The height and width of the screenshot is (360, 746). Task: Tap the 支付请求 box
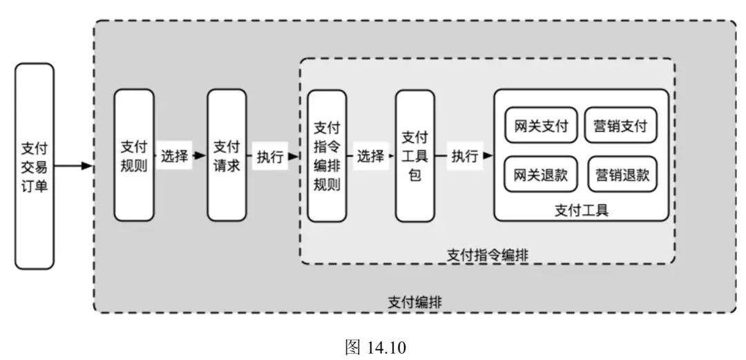tap(227, 155)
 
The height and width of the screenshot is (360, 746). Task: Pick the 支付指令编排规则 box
tap(327, 156)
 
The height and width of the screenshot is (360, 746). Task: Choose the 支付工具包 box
tap(414, 155)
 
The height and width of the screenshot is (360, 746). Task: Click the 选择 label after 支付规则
tap(175, 156)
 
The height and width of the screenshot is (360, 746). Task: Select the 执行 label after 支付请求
tap(270, 156)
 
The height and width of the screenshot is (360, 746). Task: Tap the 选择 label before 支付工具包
tap(370, 156)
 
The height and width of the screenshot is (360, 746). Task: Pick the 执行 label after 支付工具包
tap(465, 156)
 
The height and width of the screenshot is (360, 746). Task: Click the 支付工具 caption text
tap(582, 209)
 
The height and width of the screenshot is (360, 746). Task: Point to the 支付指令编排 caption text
tap(488, 254)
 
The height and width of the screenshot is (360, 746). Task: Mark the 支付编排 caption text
tap(415, 302)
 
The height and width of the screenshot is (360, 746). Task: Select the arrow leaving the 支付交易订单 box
tap(72, 166)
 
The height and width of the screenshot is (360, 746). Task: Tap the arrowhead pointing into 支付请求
tap(200, 156)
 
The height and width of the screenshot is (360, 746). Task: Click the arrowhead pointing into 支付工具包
tap(391, 156)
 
